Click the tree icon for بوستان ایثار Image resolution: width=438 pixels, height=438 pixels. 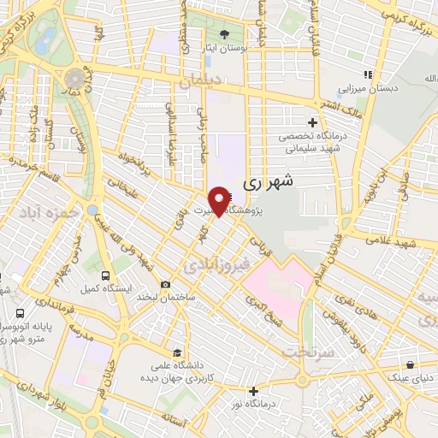click(x=224, y=35)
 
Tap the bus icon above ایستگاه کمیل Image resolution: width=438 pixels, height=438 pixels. click(x=105, y=275)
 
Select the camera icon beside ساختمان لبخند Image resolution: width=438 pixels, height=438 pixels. click(x=164, y=284)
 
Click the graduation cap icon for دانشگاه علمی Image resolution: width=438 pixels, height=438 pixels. click(x=177, y=352)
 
